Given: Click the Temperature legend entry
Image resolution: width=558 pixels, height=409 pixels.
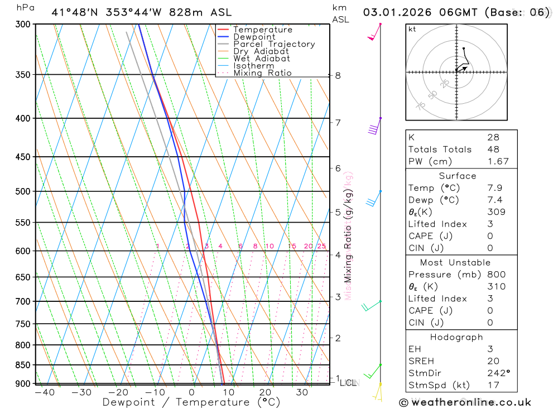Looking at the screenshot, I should click(262, 30).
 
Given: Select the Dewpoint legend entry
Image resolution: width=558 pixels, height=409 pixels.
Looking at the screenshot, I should click(254, 37).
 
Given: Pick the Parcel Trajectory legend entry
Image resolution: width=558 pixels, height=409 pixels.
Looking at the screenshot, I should click(274, 44).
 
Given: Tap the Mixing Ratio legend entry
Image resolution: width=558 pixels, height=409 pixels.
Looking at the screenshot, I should click(262, 73).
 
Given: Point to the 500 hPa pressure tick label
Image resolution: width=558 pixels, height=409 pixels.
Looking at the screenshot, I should click(22, 191).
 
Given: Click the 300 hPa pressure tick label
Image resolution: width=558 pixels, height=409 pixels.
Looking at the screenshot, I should click(22, 25).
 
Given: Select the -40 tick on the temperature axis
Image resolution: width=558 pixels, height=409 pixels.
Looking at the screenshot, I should click(45, 392).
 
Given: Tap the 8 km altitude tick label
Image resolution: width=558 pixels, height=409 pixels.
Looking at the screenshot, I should click(338, 75).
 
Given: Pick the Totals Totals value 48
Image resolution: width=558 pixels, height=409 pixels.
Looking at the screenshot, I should click(493, 149).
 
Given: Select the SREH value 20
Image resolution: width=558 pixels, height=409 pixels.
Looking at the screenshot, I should click(493, 361).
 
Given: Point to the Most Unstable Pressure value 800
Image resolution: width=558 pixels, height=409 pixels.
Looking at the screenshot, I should click(496, 275).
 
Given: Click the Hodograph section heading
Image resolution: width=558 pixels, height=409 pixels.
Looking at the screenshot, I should click(456, 337).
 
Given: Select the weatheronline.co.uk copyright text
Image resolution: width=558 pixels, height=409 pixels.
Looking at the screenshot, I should click(465, 402).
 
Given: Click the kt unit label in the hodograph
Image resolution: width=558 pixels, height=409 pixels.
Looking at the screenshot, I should click(412, 29).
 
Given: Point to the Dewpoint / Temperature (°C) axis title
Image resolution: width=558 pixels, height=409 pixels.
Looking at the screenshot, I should click(191, 402).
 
